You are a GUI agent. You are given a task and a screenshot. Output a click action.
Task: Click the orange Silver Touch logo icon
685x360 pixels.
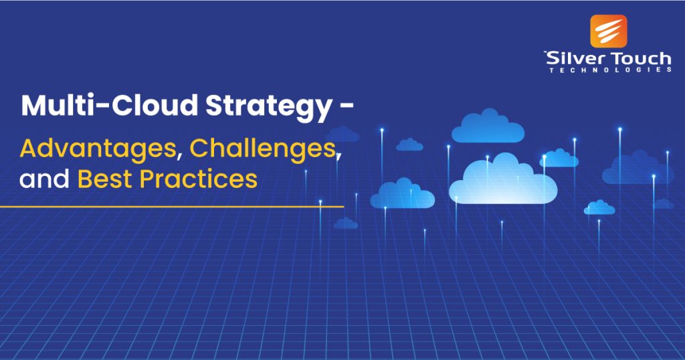[608, 31]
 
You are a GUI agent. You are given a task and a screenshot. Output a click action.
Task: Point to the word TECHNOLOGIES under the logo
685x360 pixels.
[609, 70]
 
